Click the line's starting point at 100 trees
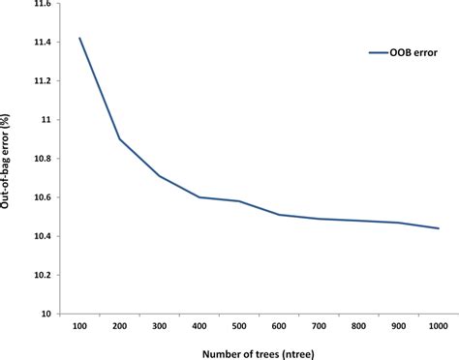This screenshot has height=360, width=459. [79, 39]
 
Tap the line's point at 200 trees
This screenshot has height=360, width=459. [119, 139]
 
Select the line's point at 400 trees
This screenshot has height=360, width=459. [199, 197]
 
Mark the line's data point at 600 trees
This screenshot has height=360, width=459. [279, 215]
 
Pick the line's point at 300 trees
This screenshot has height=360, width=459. [159, 176]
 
